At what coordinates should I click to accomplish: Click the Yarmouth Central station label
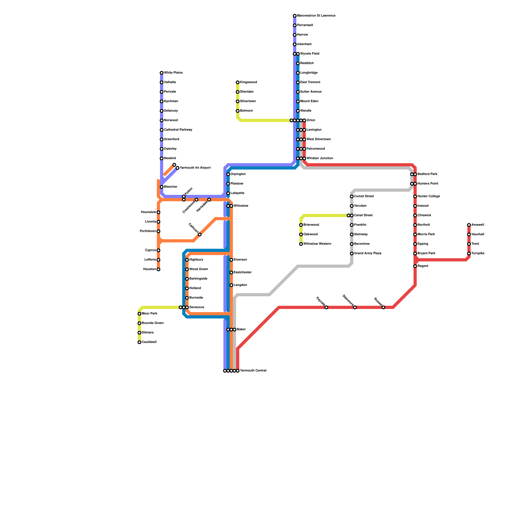coord(253,371)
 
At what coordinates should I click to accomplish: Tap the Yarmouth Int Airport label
coord(195,168)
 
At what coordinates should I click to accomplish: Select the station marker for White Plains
coord(162,73)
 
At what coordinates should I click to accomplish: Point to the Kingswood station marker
coord(238,82)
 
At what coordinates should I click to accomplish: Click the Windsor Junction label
coord(319,158)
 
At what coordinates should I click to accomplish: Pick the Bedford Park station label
coord(427,174)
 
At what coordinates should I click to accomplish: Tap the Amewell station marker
coord(469,225)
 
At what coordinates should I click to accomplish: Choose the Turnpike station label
coord(478,253)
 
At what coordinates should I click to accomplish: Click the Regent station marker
coord(415,266)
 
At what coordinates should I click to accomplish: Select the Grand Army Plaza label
coord(368,253)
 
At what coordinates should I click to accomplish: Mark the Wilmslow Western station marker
coord(301,244)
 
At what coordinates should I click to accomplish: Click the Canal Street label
coord(363,215)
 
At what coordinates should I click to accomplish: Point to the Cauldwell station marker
coord(139,342)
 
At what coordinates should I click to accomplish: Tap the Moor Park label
coord(150,314)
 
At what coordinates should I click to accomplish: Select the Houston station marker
coord(158,269)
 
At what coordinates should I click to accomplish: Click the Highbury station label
coord(196,260)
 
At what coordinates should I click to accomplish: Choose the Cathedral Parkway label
coord(178,130)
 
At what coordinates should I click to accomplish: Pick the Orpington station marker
coord(228,174)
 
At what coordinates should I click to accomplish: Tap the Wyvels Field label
coord(310,54)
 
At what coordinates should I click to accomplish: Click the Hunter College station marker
coord(415,196)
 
